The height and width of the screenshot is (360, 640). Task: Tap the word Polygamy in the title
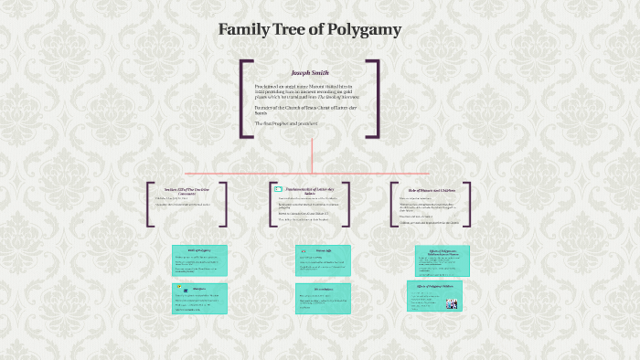pos(364,30)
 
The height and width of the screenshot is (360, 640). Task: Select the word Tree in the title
pos(295,30)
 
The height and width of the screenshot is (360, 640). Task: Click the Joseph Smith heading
pos(310,72)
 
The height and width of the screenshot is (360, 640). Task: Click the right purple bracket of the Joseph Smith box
pos(376,99)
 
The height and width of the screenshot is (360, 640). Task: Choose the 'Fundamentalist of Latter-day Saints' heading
pos(314,188)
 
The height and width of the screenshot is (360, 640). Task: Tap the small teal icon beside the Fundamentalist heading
pos(278,188)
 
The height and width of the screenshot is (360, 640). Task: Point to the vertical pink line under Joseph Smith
pos(312,155)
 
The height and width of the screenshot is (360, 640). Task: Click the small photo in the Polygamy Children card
pos(451,303)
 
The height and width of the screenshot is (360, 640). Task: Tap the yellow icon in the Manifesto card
pos(177,289)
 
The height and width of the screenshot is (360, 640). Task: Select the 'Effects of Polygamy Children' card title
pos(434,286)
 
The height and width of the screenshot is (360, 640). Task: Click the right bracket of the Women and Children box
pos(467,204)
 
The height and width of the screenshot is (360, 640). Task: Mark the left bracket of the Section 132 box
pos(149,204)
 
